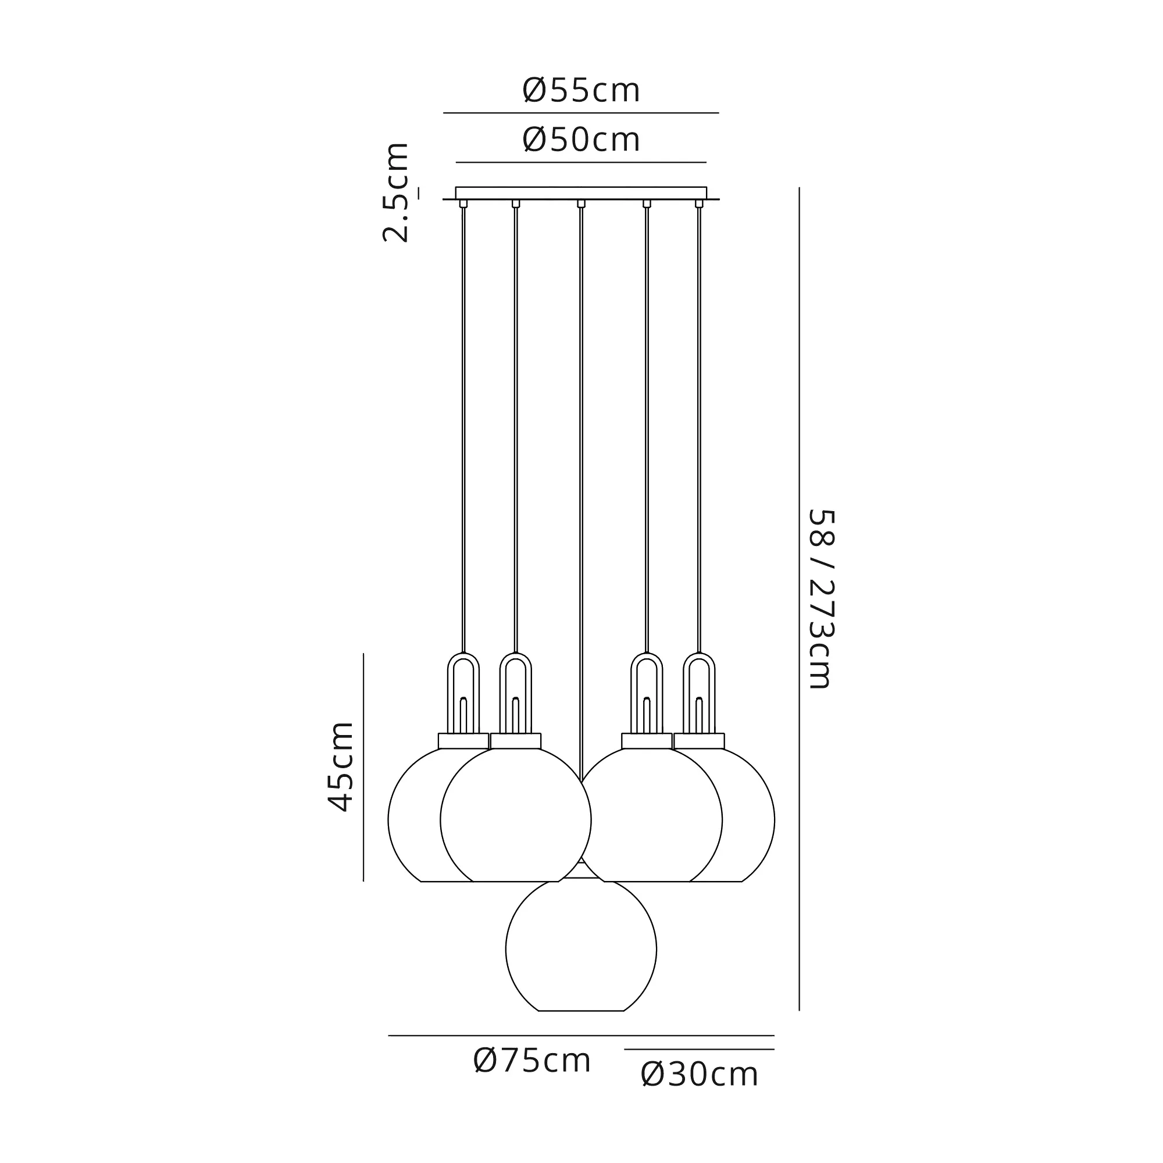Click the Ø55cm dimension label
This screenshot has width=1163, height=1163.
pos(581,91)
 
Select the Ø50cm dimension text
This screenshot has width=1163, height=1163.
pos(581,140)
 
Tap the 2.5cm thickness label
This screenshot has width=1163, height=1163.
pos(396,192)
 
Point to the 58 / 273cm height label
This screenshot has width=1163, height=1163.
pos(820,599)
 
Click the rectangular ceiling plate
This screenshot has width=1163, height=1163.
pos(581,192)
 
